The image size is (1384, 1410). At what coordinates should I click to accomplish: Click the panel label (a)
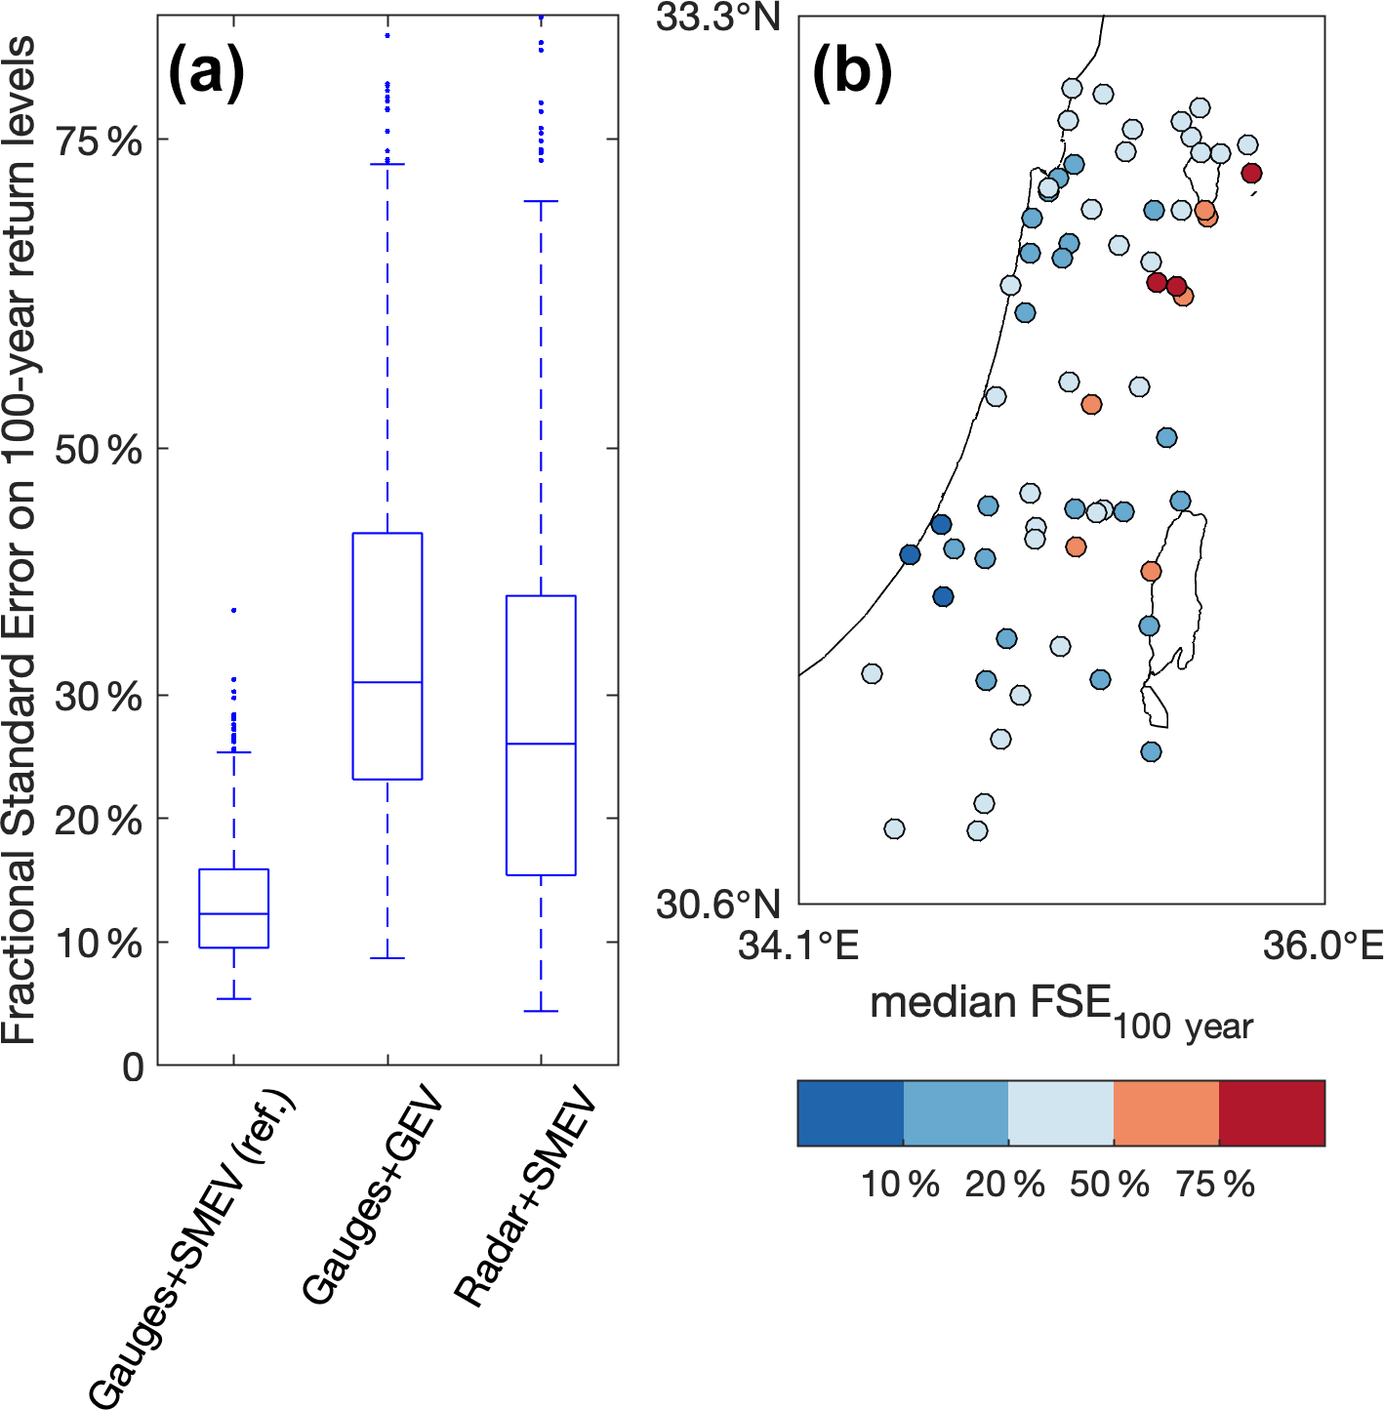click(x=206, y=73)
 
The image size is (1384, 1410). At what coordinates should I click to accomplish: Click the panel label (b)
click(x=851, y=73)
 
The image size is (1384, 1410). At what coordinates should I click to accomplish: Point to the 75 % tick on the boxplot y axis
click(x=99, y=141)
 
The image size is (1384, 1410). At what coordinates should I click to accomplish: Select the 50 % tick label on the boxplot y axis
click(x=99, y=450)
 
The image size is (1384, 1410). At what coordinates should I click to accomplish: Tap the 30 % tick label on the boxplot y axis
click(x=99, y=697)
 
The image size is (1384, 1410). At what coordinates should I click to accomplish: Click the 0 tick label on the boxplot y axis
click(x=134, y=1067)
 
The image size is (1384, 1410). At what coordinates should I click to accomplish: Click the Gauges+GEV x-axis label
click(x=374, y=1199)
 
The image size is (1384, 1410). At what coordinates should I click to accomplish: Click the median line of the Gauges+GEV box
click(x=387, y=682)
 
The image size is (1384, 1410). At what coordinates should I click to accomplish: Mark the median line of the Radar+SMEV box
click(x=541, y=744)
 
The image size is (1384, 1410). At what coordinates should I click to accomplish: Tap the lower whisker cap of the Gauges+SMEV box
click(x=234, y=999)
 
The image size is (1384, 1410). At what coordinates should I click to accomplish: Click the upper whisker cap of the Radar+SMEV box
click(x=541, y=201)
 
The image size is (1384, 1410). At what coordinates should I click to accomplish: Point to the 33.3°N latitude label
click(x=718, y=18)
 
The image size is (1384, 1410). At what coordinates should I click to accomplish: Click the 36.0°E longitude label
click(x=1323, y=946)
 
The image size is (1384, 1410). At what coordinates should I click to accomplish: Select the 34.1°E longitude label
click(x=798, y=946)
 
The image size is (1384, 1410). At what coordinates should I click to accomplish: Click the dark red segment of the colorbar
click(x=1272, y=1112)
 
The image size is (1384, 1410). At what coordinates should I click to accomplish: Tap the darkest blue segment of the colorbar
click(x=850, y=1112)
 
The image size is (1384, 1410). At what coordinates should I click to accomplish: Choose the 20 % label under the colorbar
click(x=1004, y=1185)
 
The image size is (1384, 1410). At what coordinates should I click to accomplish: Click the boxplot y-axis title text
click(x=20, y=542)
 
